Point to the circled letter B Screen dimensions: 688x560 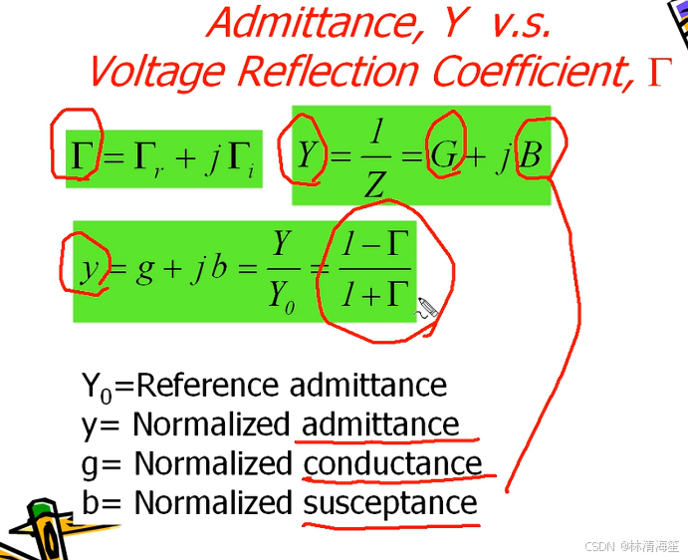pos(532,155)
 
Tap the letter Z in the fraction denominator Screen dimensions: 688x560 pos(373,182)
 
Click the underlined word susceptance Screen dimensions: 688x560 pos(390,503)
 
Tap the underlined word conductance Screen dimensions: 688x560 pos(392,464)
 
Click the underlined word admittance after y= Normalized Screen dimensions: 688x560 pos(380,425)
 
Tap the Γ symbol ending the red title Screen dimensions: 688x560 pos(660,72)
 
